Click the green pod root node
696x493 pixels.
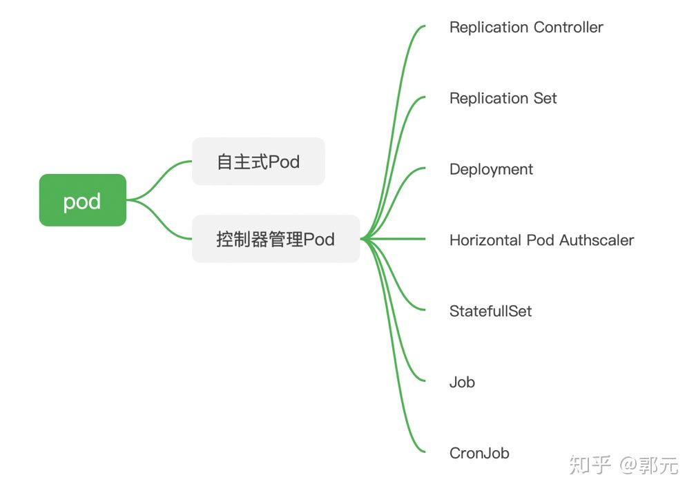pos(82,200)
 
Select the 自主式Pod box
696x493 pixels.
pos(258,162)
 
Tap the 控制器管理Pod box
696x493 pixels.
pos(275,239)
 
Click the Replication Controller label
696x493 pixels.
pos(526,28)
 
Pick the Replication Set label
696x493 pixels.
pos(503,98)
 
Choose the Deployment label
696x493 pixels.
pos(491,169)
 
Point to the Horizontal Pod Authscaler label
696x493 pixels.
pos(541,240)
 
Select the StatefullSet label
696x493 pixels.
pos(490,311)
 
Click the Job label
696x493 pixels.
pos(462,382)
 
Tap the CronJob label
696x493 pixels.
pos(479,453)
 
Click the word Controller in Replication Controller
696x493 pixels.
pos(568,28)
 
